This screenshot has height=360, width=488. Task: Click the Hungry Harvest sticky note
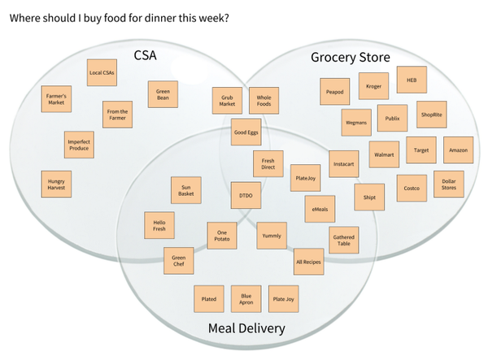56,184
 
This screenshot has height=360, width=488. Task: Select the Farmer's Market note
56,101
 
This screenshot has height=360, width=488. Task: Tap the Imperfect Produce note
79,145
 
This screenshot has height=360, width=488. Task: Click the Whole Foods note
263,101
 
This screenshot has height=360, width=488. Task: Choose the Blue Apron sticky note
246,299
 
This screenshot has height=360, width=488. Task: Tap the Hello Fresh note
159,225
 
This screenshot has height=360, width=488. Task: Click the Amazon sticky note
456,150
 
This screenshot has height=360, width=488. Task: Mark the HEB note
411,79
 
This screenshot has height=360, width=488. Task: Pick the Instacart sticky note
344,163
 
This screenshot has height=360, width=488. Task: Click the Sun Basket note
185,192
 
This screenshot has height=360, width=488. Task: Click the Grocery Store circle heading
351,57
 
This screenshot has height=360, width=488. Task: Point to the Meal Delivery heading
246,328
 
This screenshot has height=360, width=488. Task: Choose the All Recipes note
308,261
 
